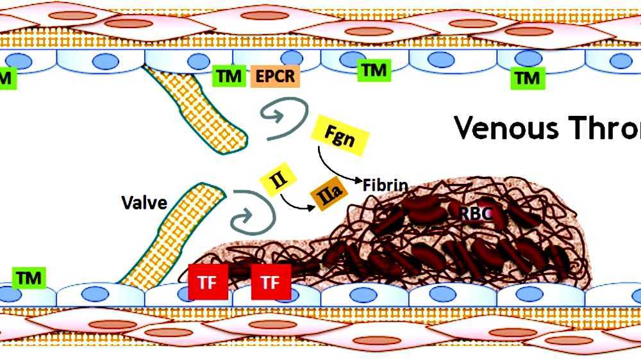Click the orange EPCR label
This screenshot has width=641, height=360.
[275, 76]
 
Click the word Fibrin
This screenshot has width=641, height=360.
[385, 186]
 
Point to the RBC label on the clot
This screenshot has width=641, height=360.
[476, 213]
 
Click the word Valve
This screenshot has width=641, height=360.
[144, 203]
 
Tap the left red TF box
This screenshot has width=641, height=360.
[208, 282]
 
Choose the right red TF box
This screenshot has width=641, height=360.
[271, 282]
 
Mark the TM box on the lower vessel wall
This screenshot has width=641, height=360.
[29, 278]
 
